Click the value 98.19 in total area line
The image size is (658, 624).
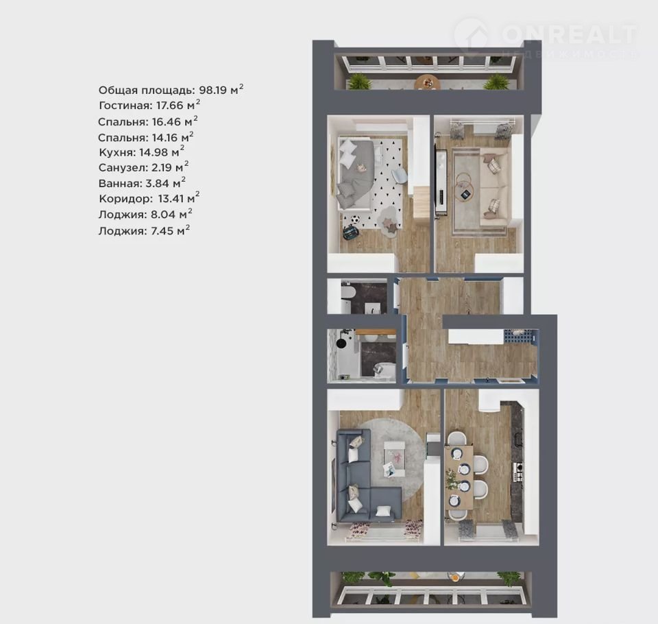point(212,91)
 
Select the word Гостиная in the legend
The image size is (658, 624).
point(125,106)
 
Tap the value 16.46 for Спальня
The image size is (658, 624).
point(166,122)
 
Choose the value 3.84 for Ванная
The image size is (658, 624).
point(157,184)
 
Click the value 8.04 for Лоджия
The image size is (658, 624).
point(163,215)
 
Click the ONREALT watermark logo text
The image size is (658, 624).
point(569,34)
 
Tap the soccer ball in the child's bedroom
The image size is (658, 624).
point(356,219)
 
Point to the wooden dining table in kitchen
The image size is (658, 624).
point(459,478)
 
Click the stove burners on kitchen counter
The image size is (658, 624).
point(518,472)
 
